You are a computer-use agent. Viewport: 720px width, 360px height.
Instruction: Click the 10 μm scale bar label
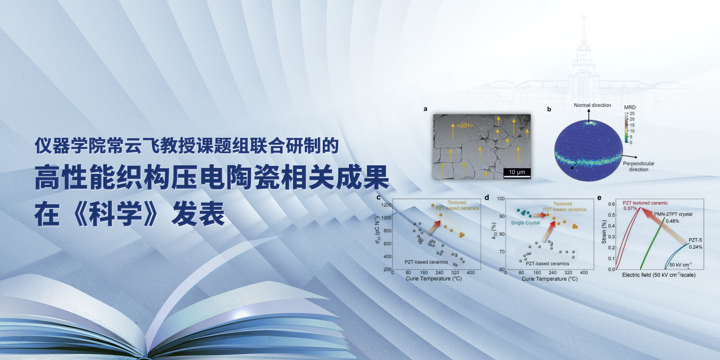pyautogui.click(x=517, y=172)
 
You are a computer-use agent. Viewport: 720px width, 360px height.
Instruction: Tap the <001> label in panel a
pyautogui.click(x=465, y=125)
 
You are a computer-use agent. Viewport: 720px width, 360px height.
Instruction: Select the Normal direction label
pyautogui.click(x=592, y=105)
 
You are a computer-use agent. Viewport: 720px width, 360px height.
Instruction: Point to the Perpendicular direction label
pyautogui.click(x=639, y=166)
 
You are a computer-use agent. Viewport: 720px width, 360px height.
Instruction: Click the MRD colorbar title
pyautogui.click(x=630, y=107)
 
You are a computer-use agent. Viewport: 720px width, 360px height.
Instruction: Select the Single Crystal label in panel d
pyautogui.click(x=525, y=223)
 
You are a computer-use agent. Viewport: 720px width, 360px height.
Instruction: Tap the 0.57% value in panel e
pyautogui.click(x=630, y=208)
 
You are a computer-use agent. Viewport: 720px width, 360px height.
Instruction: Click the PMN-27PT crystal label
pyautogui.click(x=673, y=214)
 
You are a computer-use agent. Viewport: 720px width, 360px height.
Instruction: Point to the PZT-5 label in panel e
pyautogui.click(x=695, y=240)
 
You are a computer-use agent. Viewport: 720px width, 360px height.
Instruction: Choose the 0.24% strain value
pyautogui.click(x=695, y=247)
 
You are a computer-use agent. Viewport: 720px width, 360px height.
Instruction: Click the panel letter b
pyautogui.click(x=549, y=109)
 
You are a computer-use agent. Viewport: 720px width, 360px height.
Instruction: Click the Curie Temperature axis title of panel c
pyautogui.click(x=433, y=279)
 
